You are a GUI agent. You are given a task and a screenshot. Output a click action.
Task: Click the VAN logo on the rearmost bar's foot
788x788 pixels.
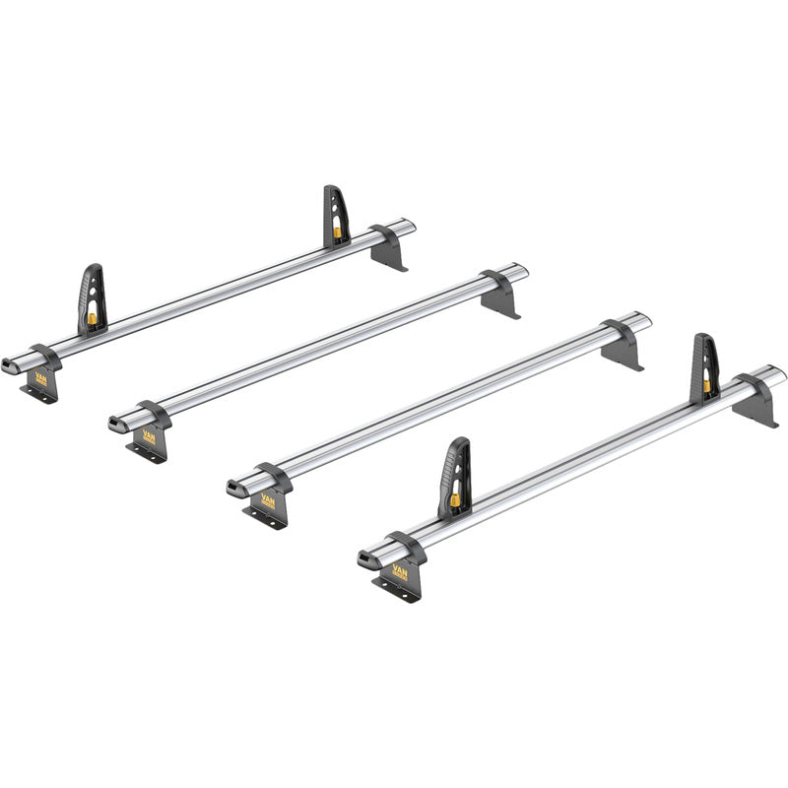click(x=41, y=379)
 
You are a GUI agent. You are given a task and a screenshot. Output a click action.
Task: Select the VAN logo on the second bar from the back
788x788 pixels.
click(x=149, y=435)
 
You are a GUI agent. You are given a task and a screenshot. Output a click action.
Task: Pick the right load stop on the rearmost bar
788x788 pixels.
click(x=336, y=216)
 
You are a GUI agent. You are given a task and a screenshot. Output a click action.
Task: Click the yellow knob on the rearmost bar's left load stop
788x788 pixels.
click(x=93, y=318)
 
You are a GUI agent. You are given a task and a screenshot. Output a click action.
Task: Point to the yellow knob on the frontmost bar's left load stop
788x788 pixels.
click(x=456, y=500)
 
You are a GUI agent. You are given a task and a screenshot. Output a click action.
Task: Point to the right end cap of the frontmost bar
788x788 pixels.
click(x=779, y=374)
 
